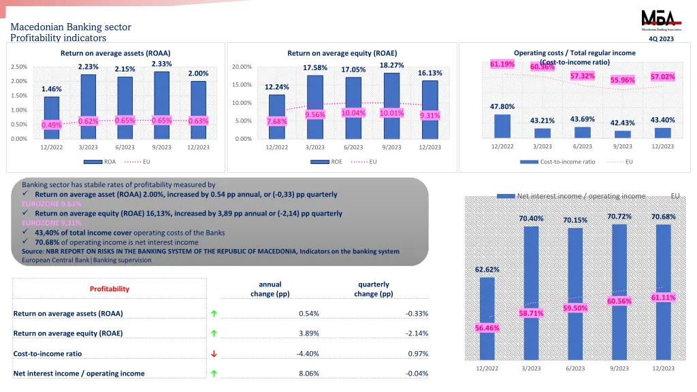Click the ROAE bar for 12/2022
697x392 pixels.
click(x=276, y=116)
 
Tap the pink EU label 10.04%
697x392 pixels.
click(x=353, y=113)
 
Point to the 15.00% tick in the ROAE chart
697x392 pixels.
click(x=242, y=85)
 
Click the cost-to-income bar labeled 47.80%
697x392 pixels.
click(x=502, y=126)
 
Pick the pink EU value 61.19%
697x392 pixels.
click(x=502, y=64)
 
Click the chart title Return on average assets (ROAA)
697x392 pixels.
click(x=115, y=53)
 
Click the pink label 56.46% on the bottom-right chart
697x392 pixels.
click(x=487, y=328)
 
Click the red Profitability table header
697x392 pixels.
click(x=110, y=289)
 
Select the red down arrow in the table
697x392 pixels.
click(x=214, y=354)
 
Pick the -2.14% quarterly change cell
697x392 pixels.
click(x=417, y=333)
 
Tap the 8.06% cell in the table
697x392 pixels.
click(x=309, y=374)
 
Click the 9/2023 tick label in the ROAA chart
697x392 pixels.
click(x=161, y=148)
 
